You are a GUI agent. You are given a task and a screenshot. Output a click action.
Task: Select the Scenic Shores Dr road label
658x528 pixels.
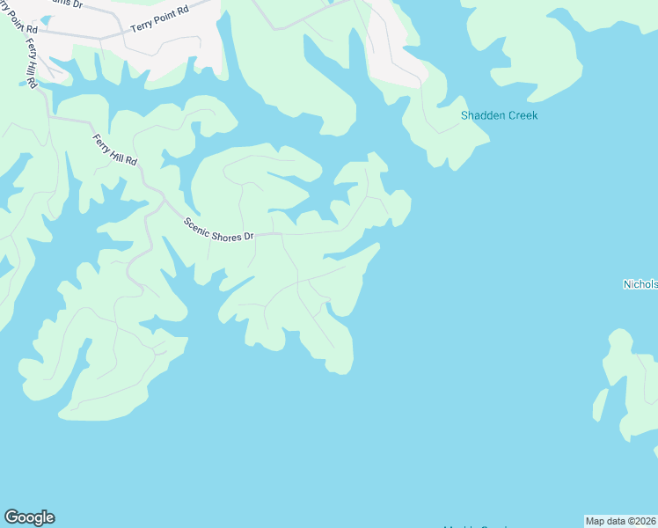point(218,230)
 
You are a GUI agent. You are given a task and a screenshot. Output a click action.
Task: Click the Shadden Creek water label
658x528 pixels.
point(499,115)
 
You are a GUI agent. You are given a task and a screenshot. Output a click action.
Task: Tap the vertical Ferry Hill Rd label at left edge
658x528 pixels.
point(31,63)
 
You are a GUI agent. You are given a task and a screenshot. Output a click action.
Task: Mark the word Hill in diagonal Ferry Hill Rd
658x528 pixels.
point(115,150)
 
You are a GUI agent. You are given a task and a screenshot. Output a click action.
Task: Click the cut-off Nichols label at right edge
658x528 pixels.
point(640,284)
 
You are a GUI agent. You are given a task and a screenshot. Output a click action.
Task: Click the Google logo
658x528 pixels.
point(29,517)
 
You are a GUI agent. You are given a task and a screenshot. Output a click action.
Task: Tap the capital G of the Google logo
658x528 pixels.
point(11,517)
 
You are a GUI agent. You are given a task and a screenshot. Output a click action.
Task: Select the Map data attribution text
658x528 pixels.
point(620,520)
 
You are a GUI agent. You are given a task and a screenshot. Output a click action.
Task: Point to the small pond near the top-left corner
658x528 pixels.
point(45,18)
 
